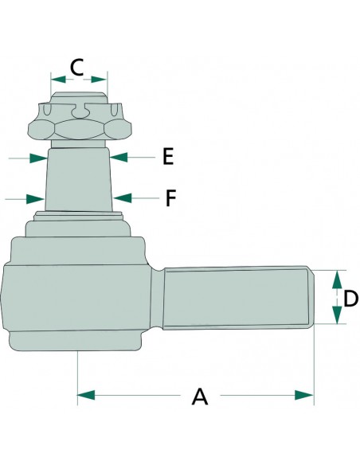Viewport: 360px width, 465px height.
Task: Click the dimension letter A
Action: coord(200,397)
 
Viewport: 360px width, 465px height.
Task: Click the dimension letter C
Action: coord(76,67)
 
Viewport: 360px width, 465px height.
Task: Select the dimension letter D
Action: coord(350,298)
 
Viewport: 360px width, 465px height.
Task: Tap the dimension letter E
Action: coord(168,156)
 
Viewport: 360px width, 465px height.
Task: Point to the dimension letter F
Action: coord(170,198)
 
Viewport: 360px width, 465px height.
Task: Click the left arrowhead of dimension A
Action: coord(86,395)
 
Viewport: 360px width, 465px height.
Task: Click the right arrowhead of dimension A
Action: coord(304,395)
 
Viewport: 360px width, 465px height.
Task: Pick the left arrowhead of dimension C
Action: coord(58,79)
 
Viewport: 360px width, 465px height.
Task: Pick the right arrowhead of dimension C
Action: coord(99,79)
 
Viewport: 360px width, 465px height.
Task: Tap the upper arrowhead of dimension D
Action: coord(337,279)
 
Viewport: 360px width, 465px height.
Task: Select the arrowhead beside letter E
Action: coord(119,157)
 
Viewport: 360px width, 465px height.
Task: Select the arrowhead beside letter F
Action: coord(122,197)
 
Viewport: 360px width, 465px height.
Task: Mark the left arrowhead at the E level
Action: coord(38,158)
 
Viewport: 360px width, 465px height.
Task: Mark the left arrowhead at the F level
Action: coord(35,199)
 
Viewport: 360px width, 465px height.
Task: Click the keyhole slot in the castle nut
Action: coord(80,110)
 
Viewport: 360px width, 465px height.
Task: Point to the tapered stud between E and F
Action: coord(79,180)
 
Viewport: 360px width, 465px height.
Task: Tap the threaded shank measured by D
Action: coord(238,298)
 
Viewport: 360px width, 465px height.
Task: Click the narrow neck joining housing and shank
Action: coord(157,298)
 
